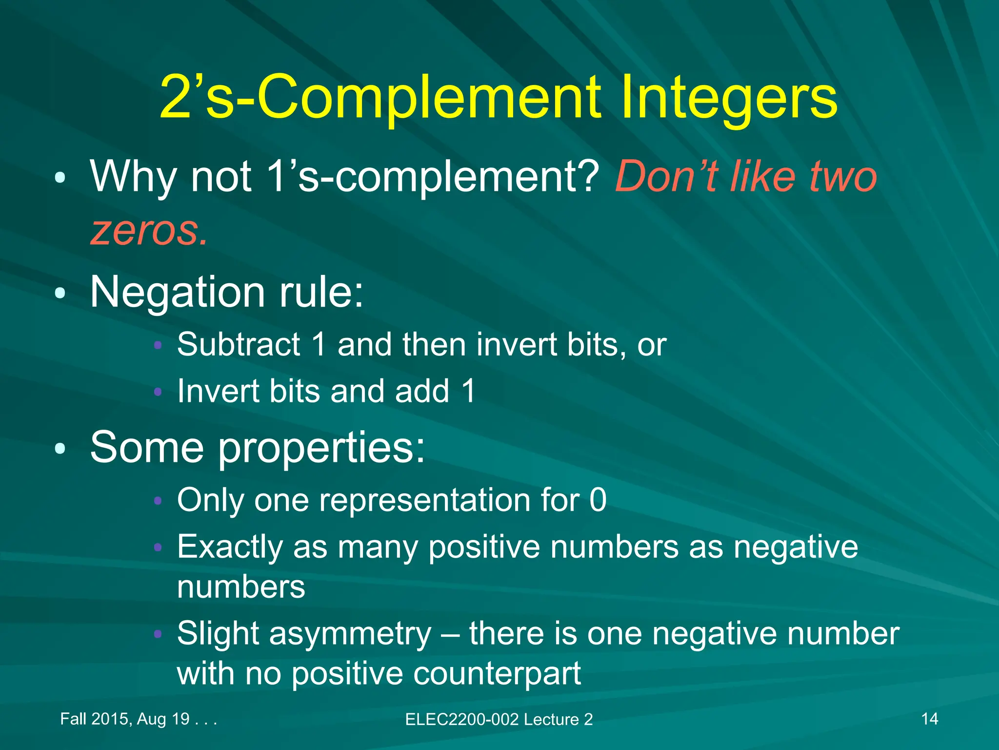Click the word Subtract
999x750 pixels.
(x=239, y=344)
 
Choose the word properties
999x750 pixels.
(x=321, y=448)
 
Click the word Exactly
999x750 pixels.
(x=230, y=547)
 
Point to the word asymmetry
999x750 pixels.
(x=350, y=634)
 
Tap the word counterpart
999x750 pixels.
(x=497, y=673)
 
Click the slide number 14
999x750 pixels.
(x=929, y=719)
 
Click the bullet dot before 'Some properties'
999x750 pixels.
(x=60, y=449)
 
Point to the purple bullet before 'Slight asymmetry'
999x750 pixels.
(x=157, y=634)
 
